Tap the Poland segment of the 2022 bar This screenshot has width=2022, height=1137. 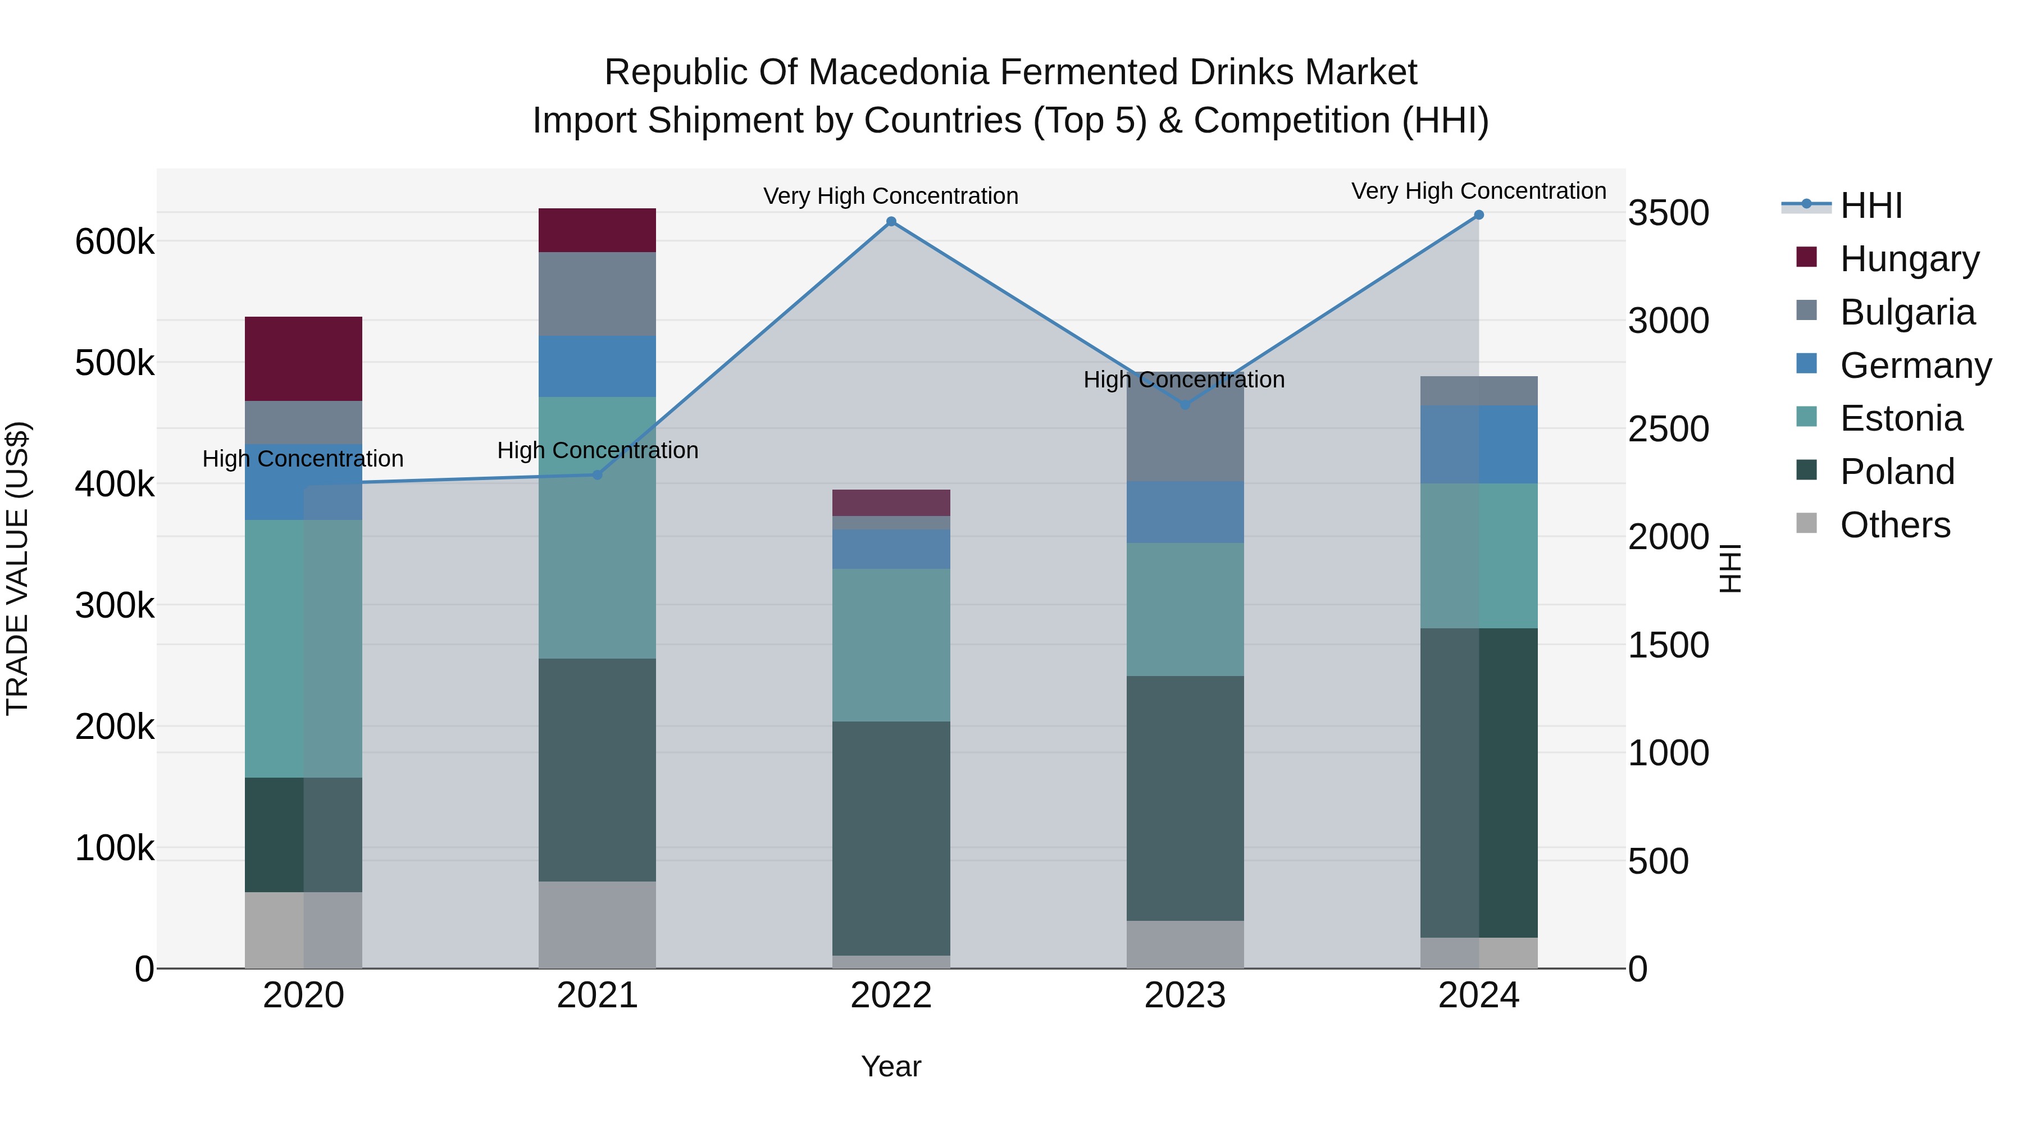tap(891, 838)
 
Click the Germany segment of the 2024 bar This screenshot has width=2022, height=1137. tap(1479, 444)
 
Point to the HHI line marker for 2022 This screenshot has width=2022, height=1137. tap(891, 222)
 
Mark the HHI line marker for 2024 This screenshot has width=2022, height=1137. tap(1479, 215)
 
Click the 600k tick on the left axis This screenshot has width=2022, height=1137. tap(115, 241)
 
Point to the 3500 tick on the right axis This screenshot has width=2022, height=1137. tap(1668, 213)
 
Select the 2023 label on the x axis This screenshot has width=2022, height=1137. tap(1185, 996)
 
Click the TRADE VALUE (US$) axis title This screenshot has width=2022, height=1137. tap(17, 568)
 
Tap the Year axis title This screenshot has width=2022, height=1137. tap(891, 1066)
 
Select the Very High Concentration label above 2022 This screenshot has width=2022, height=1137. tap(891, 196)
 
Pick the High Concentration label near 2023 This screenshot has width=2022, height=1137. tap(1183, 380)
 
